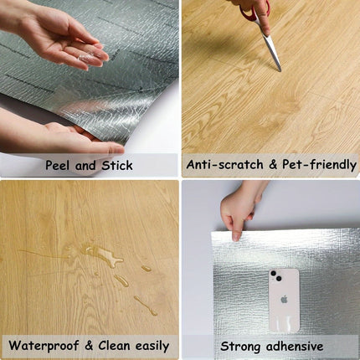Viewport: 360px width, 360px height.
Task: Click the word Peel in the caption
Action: click(58, 165)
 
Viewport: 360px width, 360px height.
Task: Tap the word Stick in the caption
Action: click(117, 165)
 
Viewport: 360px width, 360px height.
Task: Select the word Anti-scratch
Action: click(225, 164)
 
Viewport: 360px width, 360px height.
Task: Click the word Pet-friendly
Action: click(319, 165)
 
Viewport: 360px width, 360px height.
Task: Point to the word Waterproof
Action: click(44, 346)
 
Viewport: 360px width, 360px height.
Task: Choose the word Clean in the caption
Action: click(115, 346)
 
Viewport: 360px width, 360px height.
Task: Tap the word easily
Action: click(152, 347)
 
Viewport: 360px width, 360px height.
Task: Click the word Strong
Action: click(240, 347)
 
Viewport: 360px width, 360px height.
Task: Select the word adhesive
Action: click(295, 347)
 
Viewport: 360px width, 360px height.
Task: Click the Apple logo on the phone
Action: click(284, 300)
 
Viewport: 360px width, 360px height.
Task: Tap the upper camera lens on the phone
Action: click(274, 273)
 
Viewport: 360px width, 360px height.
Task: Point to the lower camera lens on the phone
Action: click(278, 278)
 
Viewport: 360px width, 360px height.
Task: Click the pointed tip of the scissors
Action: click(280, 70)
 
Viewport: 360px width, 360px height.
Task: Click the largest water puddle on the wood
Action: click(102, 255)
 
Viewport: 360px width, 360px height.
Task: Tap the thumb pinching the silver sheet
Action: click(237, 229)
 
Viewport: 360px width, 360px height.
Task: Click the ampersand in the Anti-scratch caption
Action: click(273, 164)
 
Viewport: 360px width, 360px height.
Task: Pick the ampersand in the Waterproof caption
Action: click(89, 346)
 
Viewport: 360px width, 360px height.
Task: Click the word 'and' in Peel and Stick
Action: click(85, 166)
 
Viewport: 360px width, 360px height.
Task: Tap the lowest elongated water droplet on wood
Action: click(146, 306)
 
